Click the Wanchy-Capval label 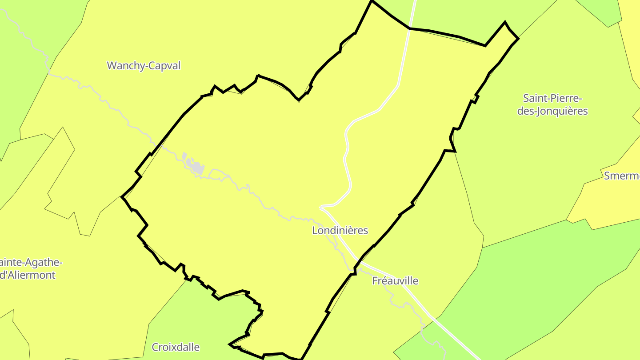pyautogui.click(x=144, y=66)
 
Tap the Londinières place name pyautogui.click(x=340, y=230)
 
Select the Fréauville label pyautogui.click(x=395, y=281)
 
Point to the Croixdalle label pyautogui.click(x=176, y=347)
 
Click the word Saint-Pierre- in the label pyautogui.click(x=552, y=98)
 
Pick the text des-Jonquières pyautogui.click(x=552, y=111)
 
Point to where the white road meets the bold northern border pyautogui.click(x=410, y=28)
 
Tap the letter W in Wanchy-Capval pyautogui.click(x=111, y=66)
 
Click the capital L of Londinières pyautogui.click(x=315, y=230)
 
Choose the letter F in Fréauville pyautogui.click(x=375, y=281)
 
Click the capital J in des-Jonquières pyautogui.click(x=540, y=111)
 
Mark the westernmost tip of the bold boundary pyautogui.click(x=122, y=196)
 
